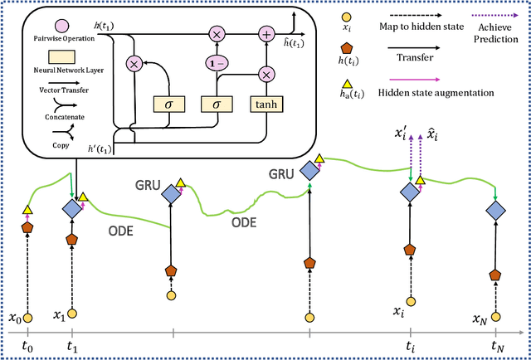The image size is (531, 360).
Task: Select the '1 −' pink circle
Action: pos(216,63)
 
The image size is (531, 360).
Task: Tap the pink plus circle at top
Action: pos(266,34)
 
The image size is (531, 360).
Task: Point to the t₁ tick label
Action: pos(72,347)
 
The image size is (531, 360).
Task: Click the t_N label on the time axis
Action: pos(497,347)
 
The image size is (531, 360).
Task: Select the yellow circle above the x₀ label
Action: pos(27,317)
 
